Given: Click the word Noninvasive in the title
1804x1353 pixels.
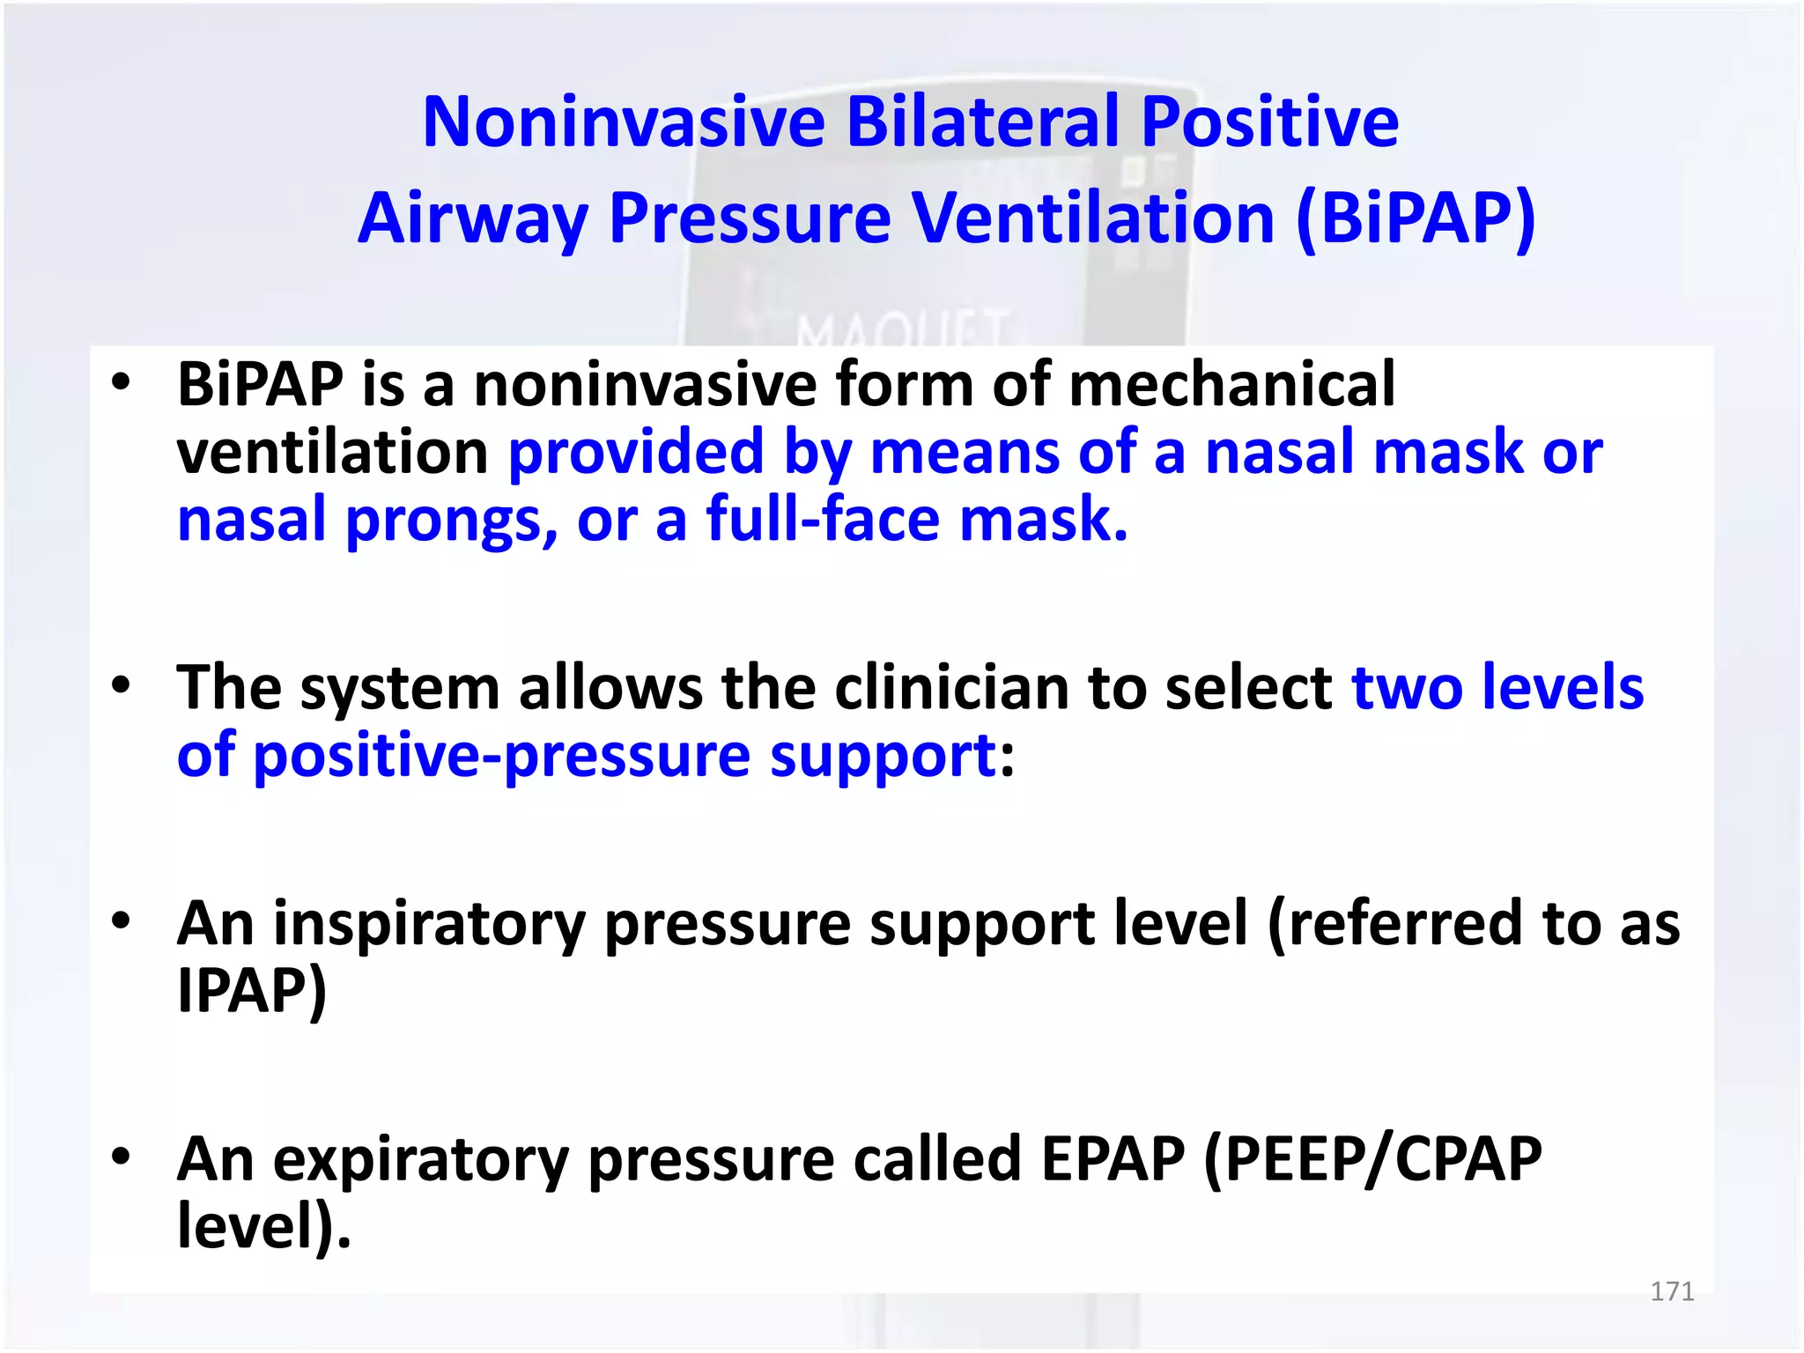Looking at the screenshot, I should point(624,122).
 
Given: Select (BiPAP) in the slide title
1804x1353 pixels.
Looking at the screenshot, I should point(1416,218).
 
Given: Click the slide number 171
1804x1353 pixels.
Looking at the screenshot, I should point(1672,1291).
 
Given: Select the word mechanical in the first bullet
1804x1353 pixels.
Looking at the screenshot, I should point(1231,384).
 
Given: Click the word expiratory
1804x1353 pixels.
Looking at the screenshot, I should point(421,1161).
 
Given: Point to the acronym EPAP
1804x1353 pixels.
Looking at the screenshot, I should point(1113,1159).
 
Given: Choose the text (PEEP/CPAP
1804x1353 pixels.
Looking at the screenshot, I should point(1372,1159).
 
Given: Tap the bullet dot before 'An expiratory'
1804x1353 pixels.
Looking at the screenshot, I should point(121,1156).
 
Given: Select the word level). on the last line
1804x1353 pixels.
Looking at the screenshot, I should point(263,1226).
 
